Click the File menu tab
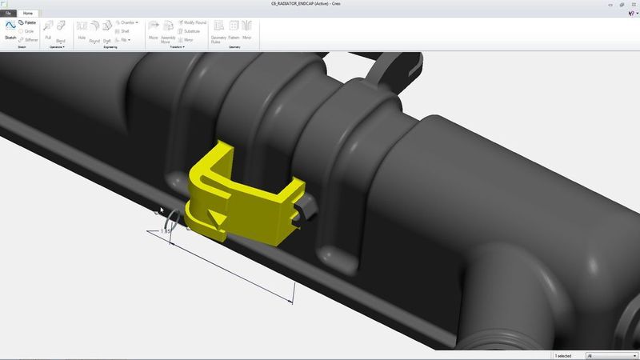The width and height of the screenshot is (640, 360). click(x=9, y=14)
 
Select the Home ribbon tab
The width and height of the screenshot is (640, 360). click(x=28, y=14)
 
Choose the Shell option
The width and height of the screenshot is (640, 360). click(x=124, y=31)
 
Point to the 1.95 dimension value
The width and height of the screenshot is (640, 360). click(x=166, y=231)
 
